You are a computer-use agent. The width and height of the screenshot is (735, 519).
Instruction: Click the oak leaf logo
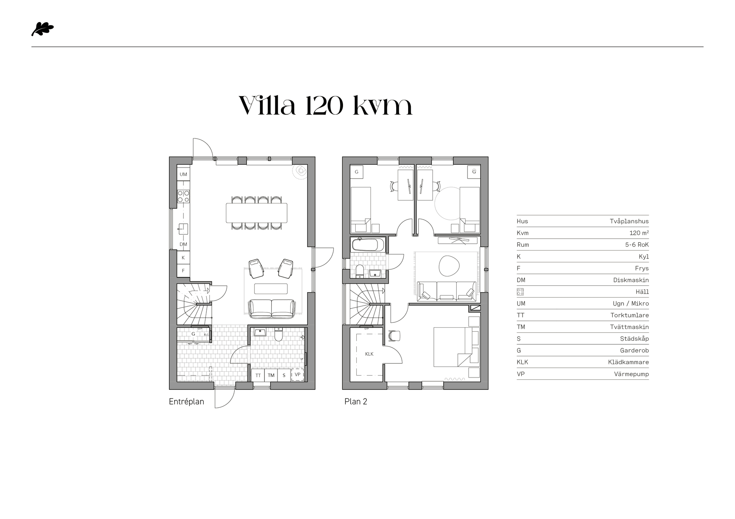(42, 29)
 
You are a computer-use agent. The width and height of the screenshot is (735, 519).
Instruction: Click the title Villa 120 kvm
(325, 106)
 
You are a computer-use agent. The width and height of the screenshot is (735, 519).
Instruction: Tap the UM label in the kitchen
(183, 174)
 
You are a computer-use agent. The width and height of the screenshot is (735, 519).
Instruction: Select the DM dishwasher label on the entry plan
(183, 244)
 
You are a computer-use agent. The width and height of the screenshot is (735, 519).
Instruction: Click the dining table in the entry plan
(256, 213)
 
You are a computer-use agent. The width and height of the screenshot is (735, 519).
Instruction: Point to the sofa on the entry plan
(272, 309)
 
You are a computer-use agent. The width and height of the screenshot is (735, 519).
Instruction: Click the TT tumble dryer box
(258, 375)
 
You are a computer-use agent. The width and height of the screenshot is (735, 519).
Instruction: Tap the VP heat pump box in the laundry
(297, 375)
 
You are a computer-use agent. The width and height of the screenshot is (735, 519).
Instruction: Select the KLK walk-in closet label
(369, 354)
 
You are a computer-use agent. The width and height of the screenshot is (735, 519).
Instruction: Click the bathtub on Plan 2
(368, 244)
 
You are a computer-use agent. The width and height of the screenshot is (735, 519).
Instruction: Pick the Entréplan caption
(186, 402)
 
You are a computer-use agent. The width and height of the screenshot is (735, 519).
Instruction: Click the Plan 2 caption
(356, 402)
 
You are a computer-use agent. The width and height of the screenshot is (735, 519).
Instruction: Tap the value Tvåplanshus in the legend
(629, 221)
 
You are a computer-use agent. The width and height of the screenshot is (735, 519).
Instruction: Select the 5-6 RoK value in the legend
(637, 245)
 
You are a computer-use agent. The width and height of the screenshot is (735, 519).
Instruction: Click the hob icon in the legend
(520, 292)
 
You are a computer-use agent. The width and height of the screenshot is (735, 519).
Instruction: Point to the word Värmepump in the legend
(631, 374)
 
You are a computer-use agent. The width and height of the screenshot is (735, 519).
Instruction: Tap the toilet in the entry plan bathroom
(279, 335)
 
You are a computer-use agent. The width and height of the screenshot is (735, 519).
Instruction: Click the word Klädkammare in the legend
(628, 362)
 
